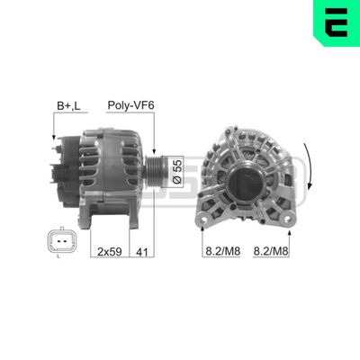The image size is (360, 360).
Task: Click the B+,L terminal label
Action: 67,105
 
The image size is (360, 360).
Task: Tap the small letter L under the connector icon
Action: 57,258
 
